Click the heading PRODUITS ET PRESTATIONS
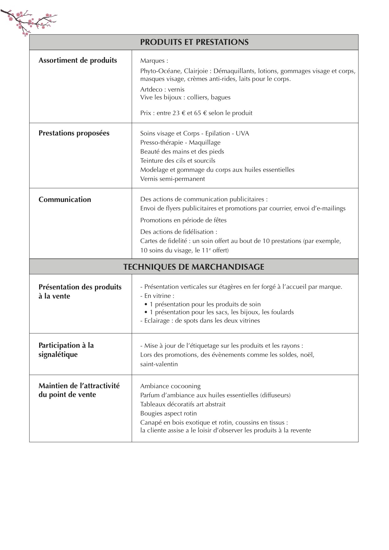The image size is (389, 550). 194,42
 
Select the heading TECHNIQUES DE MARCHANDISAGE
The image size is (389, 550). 194,267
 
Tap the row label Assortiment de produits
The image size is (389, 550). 77,61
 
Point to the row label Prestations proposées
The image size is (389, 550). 74,133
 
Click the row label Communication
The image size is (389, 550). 65,200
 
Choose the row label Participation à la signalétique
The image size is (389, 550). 66,350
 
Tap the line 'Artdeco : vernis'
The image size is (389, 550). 162,90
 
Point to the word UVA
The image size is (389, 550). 242,134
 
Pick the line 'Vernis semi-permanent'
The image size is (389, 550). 172,179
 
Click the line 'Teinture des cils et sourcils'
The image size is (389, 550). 178,161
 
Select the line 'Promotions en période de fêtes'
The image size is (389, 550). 183,220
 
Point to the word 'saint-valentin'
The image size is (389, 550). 159,364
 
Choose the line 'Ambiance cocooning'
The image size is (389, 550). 170,386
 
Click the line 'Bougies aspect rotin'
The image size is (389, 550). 168,414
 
